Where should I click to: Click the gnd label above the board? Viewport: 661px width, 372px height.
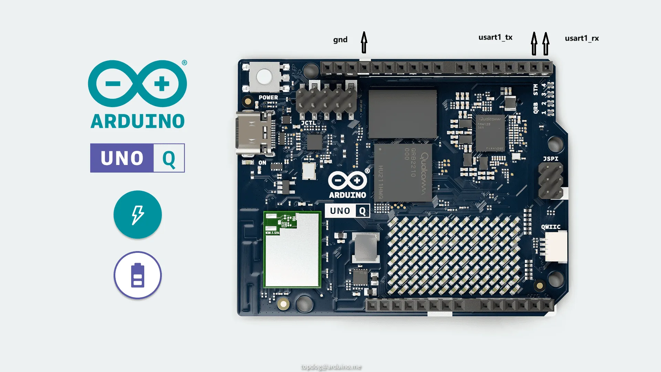point(340,40)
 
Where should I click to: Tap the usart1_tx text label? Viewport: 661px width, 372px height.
point(495,38)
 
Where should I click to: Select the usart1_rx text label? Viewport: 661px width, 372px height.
point(582,39)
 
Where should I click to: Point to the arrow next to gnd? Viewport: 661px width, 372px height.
point(364,42)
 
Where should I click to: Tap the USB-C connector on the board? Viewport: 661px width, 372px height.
point(253,133)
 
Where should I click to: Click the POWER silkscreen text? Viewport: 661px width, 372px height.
point(268,98)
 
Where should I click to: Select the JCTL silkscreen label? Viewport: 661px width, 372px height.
point(308,123)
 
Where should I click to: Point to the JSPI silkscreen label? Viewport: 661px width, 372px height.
point(550,159)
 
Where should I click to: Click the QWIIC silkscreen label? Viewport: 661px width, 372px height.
point(550,227)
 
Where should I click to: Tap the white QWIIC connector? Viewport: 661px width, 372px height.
point(557,247)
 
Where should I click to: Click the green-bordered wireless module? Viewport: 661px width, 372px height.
point(292,250)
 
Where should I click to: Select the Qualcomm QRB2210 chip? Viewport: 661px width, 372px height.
point(403,172)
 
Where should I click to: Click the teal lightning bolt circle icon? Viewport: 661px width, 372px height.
point(138,215)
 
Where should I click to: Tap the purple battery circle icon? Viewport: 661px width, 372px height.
point(138,275)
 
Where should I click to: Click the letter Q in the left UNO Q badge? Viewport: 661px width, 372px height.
point(169,158)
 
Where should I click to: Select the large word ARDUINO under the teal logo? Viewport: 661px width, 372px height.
point(138,121)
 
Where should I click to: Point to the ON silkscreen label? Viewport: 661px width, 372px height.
point(262,163)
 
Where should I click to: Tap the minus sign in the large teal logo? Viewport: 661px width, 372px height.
point(113,84)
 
